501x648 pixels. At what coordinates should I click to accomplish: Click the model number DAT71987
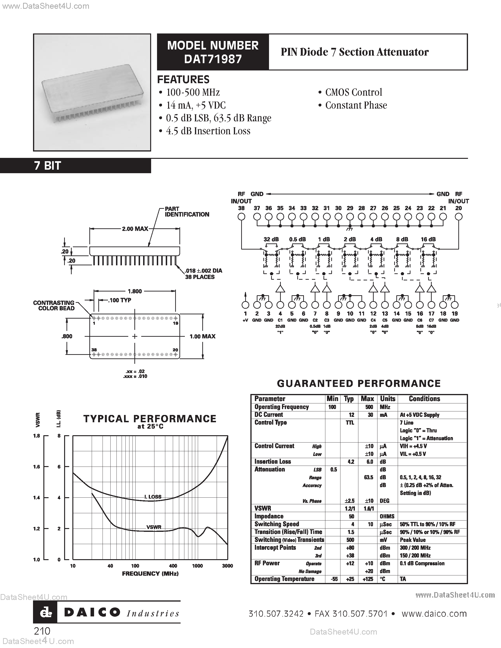[213, 59]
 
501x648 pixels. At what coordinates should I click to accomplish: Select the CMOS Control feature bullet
[353, 92]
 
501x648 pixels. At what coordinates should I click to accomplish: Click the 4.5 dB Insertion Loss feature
[208, 131]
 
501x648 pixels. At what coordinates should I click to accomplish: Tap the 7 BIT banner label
[47, 166]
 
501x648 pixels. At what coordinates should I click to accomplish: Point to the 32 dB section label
[271, 239]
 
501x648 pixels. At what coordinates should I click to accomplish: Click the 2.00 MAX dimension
[135, 229]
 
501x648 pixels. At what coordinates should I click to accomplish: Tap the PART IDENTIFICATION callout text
[187, 212]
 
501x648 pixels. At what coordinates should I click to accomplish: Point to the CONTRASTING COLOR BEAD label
[54, 305]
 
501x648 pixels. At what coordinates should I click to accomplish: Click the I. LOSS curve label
[153, 497]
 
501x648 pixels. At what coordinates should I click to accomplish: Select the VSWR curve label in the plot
[154, 527]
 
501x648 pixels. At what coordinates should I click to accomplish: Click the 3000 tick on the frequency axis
[227, 566]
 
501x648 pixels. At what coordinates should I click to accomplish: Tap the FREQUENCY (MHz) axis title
[150, 574]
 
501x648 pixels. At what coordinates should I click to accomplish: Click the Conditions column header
[424, 399]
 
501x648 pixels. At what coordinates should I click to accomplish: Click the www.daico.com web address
[434, 614]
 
